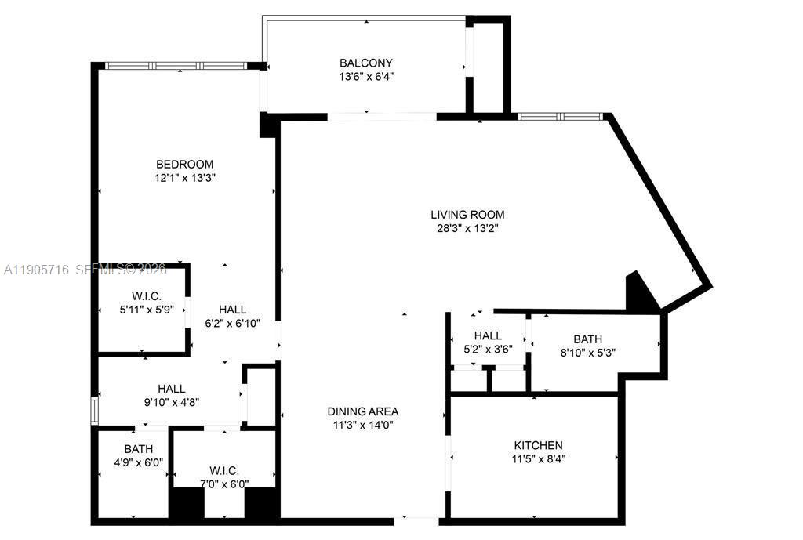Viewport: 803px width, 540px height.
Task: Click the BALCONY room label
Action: click(x=366, y=63)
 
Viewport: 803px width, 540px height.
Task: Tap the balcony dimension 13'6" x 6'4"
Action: click(x=366, y=77)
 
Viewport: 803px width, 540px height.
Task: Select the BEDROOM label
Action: click(x=185, y=164)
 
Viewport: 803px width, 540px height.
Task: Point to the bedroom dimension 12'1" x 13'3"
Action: click(x=185, y=178)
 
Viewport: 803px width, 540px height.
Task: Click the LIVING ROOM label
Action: click(x=467, y=214)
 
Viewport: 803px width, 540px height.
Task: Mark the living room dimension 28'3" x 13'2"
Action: click(x=467, y=228)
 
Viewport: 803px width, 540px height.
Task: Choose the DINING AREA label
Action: click(x=363, y=411)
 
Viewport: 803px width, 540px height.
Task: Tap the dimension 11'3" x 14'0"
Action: click(x=363, y=425)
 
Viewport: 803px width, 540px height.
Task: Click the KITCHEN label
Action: click(x=538, y=445)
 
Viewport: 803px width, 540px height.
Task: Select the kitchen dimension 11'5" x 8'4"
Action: click(x=538, y=459)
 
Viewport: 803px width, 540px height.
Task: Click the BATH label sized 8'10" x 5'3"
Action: click(x=587, y=339)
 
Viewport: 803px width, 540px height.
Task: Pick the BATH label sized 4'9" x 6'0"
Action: click(x=138, y=449)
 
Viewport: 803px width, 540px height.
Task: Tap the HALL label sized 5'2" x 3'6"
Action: click(x=488, y=335)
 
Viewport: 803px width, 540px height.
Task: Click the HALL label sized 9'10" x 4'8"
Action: click(x=172, y=388)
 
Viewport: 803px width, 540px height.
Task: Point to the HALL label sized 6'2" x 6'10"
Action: click(x=232, y=309)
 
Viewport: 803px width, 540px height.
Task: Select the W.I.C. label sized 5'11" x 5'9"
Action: click(x=146, y=295)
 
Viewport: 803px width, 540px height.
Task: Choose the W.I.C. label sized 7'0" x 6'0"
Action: click(x=224, y=470)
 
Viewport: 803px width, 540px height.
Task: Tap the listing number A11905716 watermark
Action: click(x=37, y=270)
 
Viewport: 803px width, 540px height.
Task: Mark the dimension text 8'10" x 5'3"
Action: click(x=587, y=353)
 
